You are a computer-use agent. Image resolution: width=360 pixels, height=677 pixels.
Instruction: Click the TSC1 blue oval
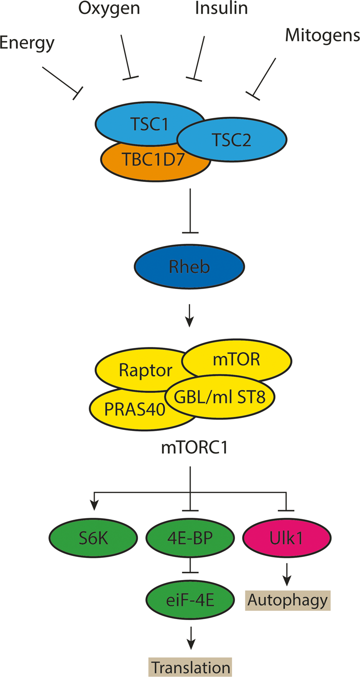[x=145, y=124]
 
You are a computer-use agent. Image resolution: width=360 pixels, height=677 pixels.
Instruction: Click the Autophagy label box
[x=288, y=600]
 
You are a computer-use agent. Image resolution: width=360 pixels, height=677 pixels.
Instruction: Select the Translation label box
[x=190, y=667]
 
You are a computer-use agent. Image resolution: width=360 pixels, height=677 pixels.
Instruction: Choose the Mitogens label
[x=322, y=35]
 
